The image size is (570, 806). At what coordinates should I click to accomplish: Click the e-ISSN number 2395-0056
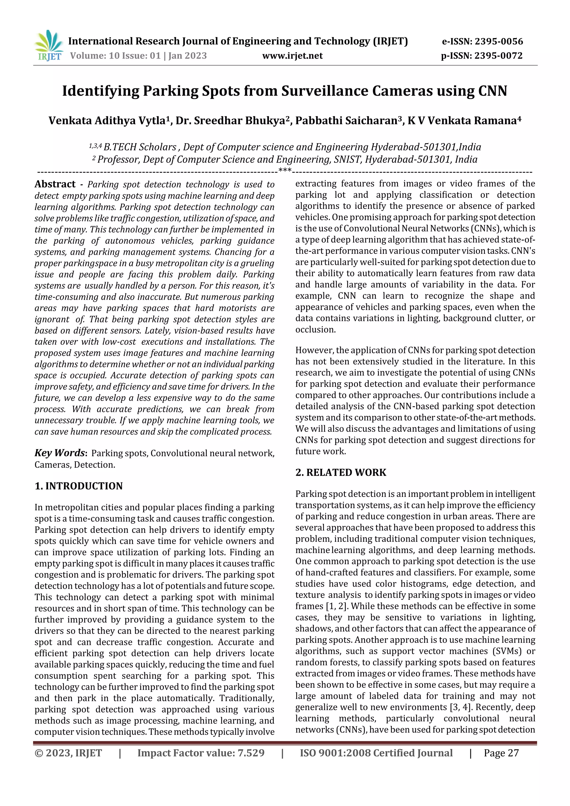499,41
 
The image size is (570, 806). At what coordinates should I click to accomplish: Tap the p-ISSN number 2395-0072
498,56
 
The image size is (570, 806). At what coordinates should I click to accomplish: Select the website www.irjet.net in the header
292,56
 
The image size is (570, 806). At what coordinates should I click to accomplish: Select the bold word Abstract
55,184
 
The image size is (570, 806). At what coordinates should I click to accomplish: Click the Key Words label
60,453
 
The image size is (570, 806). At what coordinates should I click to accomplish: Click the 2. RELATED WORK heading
341,472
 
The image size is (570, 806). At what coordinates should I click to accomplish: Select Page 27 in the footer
501,753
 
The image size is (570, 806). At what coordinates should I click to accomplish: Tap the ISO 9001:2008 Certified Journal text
376,753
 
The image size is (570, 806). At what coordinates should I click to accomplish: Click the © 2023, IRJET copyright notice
68,753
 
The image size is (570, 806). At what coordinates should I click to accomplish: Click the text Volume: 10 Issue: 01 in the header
115,56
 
